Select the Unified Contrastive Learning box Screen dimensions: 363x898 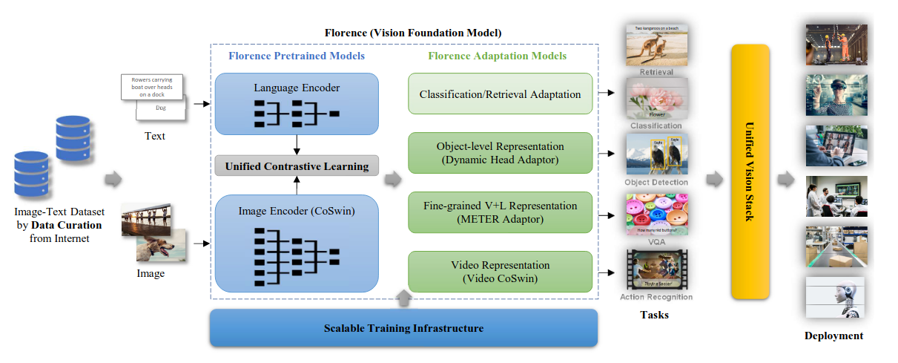coord(297,166)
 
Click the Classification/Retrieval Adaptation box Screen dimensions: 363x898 coord(501,94)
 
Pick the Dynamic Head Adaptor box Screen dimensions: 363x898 coord(501,153)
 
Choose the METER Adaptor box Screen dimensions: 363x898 coord(501,212)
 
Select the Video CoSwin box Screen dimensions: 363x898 coord(501,271)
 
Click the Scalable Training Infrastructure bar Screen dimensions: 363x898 coord(403,328)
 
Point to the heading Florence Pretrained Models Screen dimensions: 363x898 coord(296,56)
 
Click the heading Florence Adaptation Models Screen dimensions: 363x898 coord(497,56)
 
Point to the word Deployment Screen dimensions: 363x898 coord(833,336)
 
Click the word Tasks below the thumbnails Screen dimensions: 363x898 coord(654,315)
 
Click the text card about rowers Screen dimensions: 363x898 coord(153,87)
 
